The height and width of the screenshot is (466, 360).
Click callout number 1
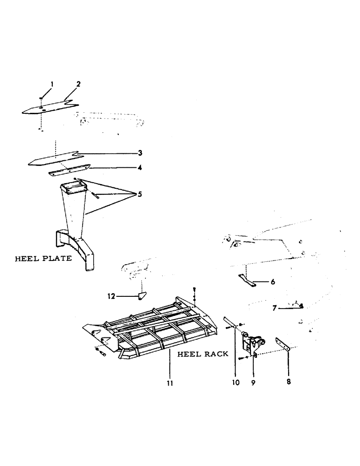[52, 84]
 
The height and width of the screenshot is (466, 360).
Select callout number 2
[78, 84]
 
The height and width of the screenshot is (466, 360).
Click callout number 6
[273, 282]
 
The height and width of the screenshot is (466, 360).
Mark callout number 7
[275, 308]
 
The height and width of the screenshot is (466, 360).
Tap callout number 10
[235, 382]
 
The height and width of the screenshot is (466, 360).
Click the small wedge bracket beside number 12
[142, 296]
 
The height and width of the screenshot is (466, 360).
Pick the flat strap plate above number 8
[283, 345]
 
